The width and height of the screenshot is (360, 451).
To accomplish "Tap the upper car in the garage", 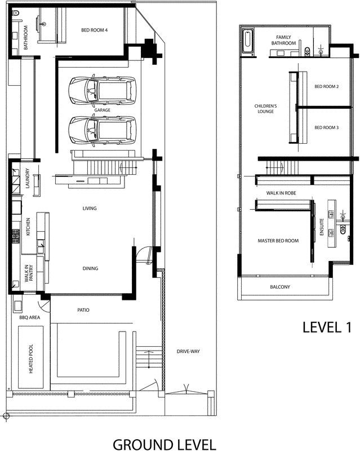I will [x=102, y=90].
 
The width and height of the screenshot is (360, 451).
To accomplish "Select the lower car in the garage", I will [x=102, y=130].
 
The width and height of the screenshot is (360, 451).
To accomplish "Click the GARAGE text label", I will [x=102, y=110].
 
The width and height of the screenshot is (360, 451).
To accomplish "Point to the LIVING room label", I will [x=90, y=209].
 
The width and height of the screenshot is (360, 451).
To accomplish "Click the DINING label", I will [x=90, y=268].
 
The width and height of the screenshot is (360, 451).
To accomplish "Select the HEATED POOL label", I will [x=31, y=359].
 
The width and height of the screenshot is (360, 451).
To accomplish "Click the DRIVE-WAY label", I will [x=188, y=351].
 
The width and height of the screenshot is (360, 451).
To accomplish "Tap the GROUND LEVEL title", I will [x=164, y=444].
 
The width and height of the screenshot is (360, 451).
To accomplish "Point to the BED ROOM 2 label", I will [x=326, y=87].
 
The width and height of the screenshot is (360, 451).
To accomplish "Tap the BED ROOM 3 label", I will [x=326, y=127].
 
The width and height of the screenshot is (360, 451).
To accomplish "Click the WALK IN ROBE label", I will [x=281, y=193].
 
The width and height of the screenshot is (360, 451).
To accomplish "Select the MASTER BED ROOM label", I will [x=278, y=241].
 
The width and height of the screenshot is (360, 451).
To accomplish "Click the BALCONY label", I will [x=279, y=287].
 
